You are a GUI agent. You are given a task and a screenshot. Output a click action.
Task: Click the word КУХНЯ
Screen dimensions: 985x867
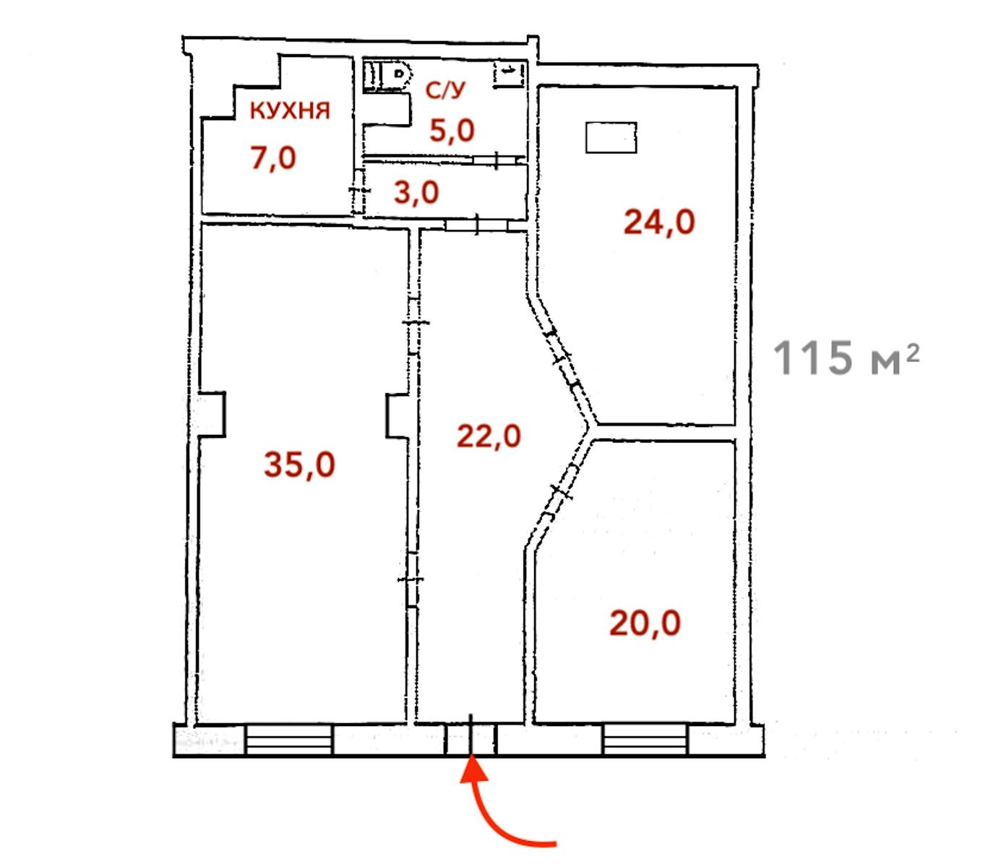pos(290,111)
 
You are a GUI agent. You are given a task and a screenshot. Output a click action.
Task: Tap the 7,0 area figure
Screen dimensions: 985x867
pos(273,158)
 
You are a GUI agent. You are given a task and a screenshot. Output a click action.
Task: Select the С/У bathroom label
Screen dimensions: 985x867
pos(445,90)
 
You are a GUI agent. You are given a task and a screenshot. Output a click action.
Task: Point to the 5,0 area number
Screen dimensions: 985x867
pos(452,131)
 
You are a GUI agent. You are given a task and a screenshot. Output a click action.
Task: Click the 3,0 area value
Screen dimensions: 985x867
pos(416,192)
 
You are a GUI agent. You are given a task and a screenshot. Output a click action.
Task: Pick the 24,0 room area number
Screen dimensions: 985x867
pos(659,222)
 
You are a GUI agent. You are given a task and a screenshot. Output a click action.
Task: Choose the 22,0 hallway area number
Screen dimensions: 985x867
pos(489,436)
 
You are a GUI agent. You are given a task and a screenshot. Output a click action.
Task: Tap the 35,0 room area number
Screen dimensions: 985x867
pos(299,465)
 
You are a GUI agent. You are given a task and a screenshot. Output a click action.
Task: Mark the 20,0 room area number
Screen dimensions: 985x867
pos(645,624)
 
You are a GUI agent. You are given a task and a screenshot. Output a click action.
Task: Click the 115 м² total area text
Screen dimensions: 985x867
pos(846,357)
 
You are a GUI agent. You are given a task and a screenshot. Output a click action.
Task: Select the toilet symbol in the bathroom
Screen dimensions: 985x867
pos(388,75)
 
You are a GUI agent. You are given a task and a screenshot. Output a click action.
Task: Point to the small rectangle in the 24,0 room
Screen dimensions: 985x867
pos(611,137)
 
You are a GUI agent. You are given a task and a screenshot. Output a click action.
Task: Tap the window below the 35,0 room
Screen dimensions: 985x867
pos(289,741)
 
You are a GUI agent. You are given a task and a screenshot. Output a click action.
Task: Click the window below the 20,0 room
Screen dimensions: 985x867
pos(645,740)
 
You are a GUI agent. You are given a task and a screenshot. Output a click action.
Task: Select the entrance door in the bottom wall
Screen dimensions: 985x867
pos(470,738)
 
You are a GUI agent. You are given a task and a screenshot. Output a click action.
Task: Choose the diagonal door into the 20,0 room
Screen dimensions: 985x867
pos(560,491)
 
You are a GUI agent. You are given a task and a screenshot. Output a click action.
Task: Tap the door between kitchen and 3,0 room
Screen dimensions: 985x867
pos(358,190)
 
